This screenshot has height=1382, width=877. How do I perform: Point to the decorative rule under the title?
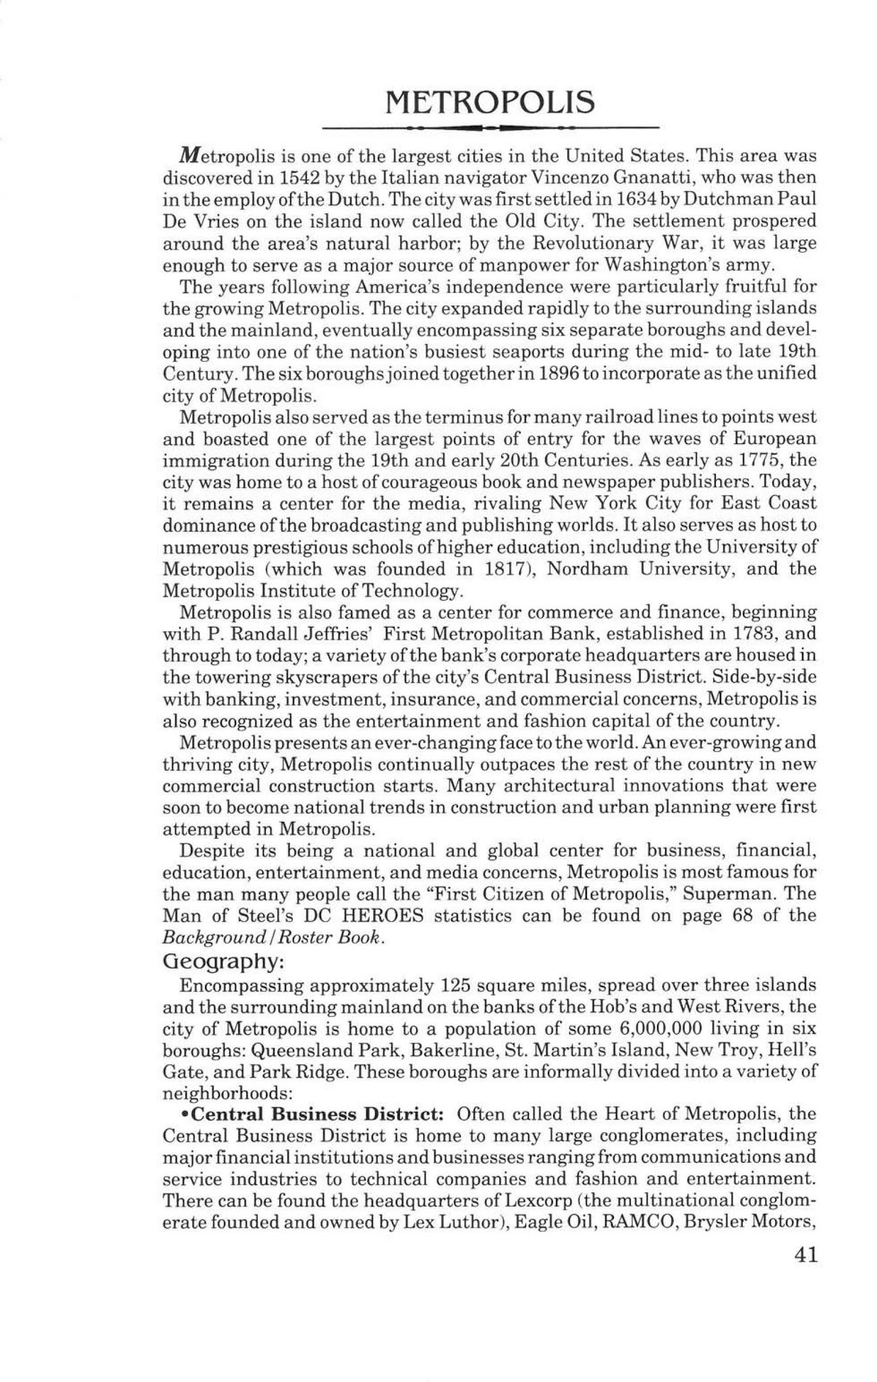click(490, 127)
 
